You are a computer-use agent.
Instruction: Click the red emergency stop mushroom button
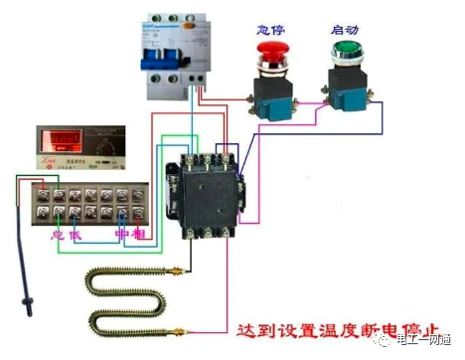point(269,50)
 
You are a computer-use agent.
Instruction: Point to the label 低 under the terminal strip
point(76,234)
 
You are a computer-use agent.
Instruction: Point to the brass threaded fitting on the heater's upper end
point(178,269)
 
